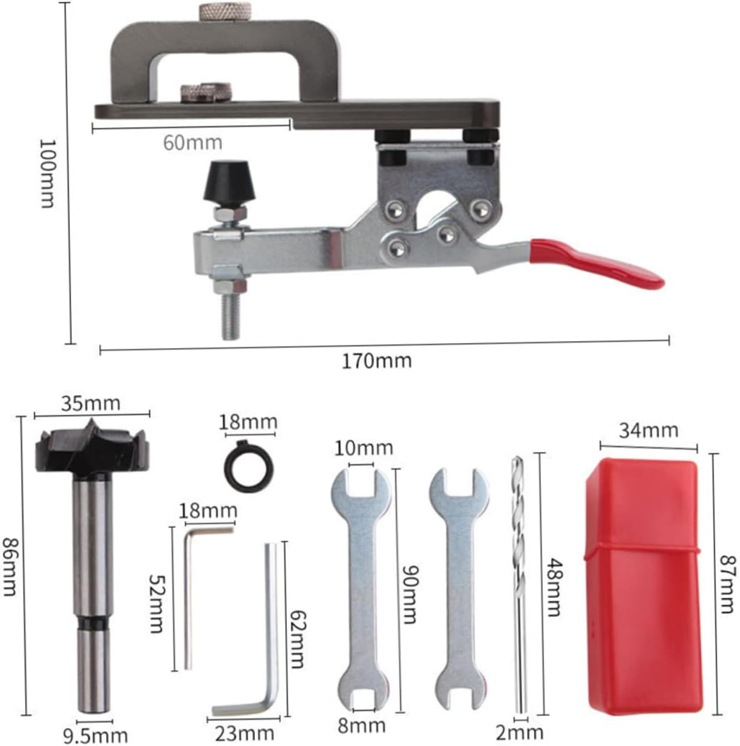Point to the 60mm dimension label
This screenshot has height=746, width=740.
point(192,142)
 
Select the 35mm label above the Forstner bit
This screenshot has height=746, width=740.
point(90,404)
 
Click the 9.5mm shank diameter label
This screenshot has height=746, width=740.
point(96,736)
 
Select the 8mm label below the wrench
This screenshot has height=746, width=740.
point(362,726)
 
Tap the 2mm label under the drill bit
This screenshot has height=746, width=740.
point(519,732)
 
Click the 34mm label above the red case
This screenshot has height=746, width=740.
point(648,430)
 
